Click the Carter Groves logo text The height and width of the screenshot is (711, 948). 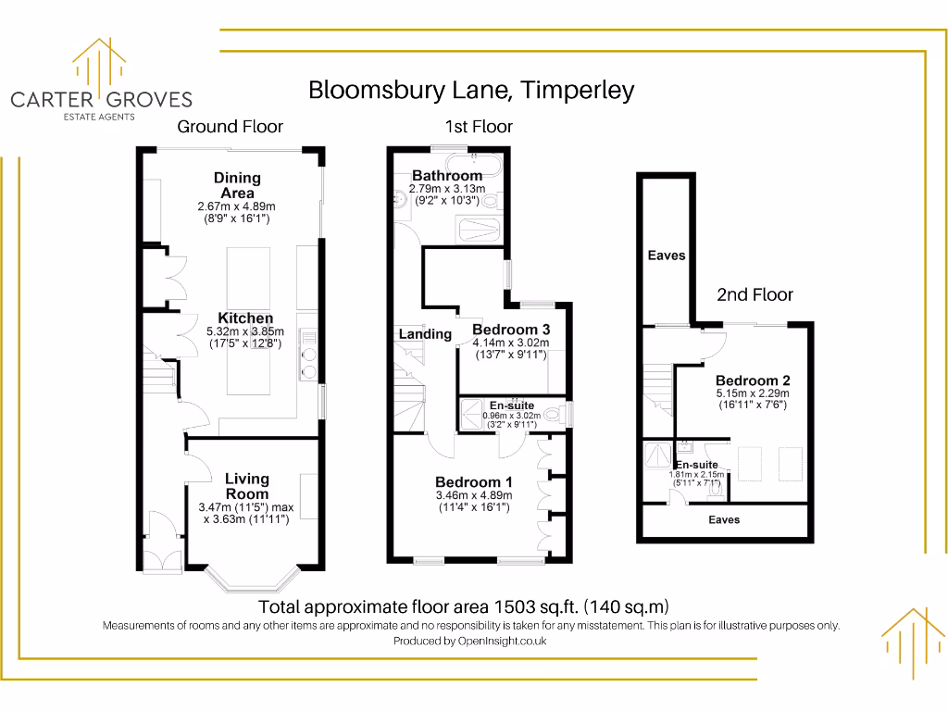tap(101, 99)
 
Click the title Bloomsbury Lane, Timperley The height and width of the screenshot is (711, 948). tap(471, 90)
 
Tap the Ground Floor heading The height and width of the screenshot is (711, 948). tap(230, 126)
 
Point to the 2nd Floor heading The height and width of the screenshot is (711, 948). tap(755, 294)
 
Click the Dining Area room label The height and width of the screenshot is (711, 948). tap(237, 184)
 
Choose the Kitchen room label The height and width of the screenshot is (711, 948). tap(245, 318)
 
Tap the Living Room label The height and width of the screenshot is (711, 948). tap(247, 486)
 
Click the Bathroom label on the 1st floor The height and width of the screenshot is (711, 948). tap(447, 175)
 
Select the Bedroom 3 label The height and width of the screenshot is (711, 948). tap(511, 330)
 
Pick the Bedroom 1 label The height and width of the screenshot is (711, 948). tap(474, 482)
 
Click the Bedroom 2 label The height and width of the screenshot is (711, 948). tap(752, 380)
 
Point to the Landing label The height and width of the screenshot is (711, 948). tap(425, 334)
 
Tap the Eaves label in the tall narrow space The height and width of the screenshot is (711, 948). tap(667, 255)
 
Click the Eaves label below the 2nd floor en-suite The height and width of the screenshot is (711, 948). tap(724, 520)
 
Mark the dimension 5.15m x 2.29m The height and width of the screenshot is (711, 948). tap(752, 393)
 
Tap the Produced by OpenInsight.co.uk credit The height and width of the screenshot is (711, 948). tap(470, 641)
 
